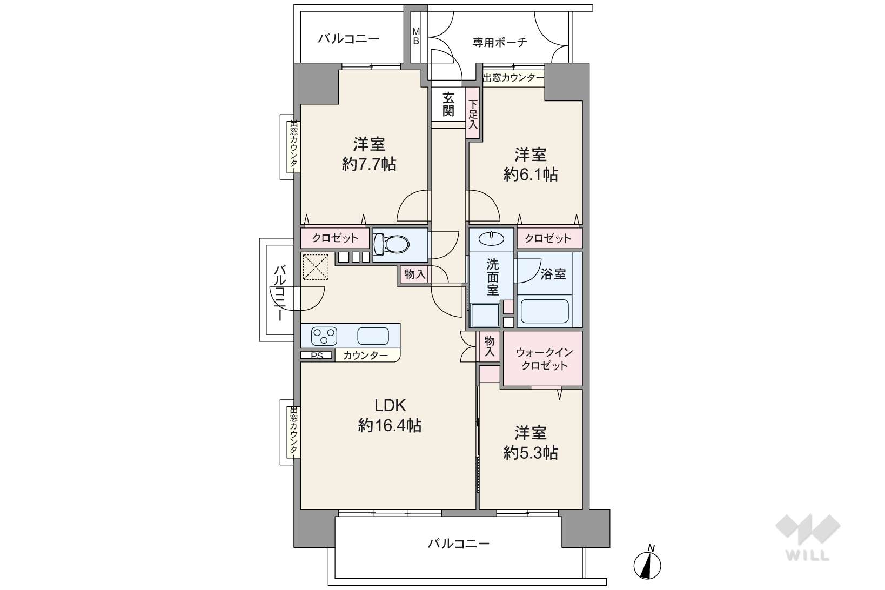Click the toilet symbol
coord(391,245)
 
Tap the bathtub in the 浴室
coord(545,311)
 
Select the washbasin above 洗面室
coord(491,238)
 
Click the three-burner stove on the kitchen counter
coord(324,336)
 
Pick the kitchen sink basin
coord(373,336)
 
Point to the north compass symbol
coord(647,562)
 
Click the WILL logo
coord(808,538)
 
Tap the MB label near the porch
coord(415,36)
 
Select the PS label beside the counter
coord(317,356)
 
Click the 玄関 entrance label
coord(448,104)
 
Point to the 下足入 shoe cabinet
coord(473,113)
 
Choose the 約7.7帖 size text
coord(369,164)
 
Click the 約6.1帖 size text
coord(530,174)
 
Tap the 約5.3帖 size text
coord(530,452)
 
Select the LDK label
coord(390,405)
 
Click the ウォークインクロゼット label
coord(544,358)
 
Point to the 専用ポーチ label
coord(500,42)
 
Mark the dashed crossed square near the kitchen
coord(316,267)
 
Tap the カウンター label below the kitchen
coord(365,356)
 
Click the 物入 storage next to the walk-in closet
coord(490,346)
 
